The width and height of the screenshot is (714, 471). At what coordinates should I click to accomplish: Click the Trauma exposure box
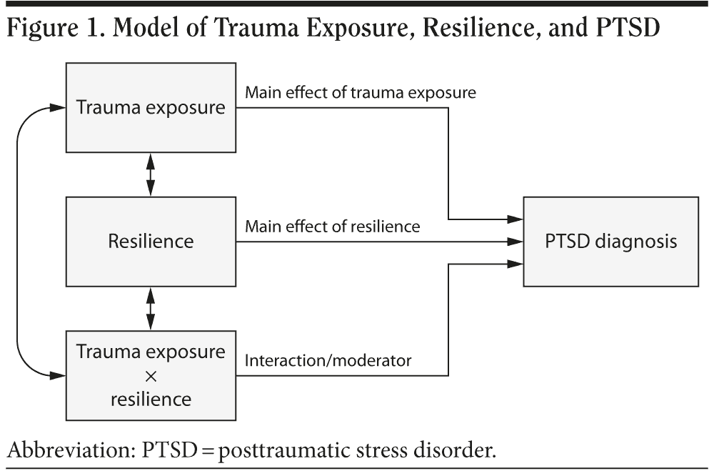click(x=151, y=108)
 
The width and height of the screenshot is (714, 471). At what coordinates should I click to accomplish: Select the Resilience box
click(x=151, y=241)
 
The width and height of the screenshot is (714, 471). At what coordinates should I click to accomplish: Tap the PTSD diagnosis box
click(x=610, y=241)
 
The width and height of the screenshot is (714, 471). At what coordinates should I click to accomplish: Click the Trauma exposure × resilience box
click(x=151, y=375)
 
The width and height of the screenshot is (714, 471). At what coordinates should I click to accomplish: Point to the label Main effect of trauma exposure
click(x=361, y=92)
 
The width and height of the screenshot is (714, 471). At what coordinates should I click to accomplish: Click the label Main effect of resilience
click(x=333, y=226)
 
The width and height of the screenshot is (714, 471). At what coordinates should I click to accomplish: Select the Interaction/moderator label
click(x=328, y=360)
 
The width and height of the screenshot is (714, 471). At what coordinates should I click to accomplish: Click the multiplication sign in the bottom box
click(x=151, y=375)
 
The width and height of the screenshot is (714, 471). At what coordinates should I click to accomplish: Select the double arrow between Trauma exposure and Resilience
click(x=151, y=174)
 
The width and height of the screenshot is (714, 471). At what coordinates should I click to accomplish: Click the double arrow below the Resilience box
click(x=151, y=308)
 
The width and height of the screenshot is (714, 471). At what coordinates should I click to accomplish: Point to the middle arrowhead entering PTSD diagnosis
click(x=517, y=241)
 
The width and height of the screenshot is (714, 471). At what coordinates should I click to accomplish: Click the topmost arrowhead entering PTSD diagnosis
click(x=517, y=218)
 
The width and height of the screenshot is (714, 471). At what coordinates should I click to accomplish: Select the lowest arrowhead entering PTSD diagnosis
click(x=517, y=264)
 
